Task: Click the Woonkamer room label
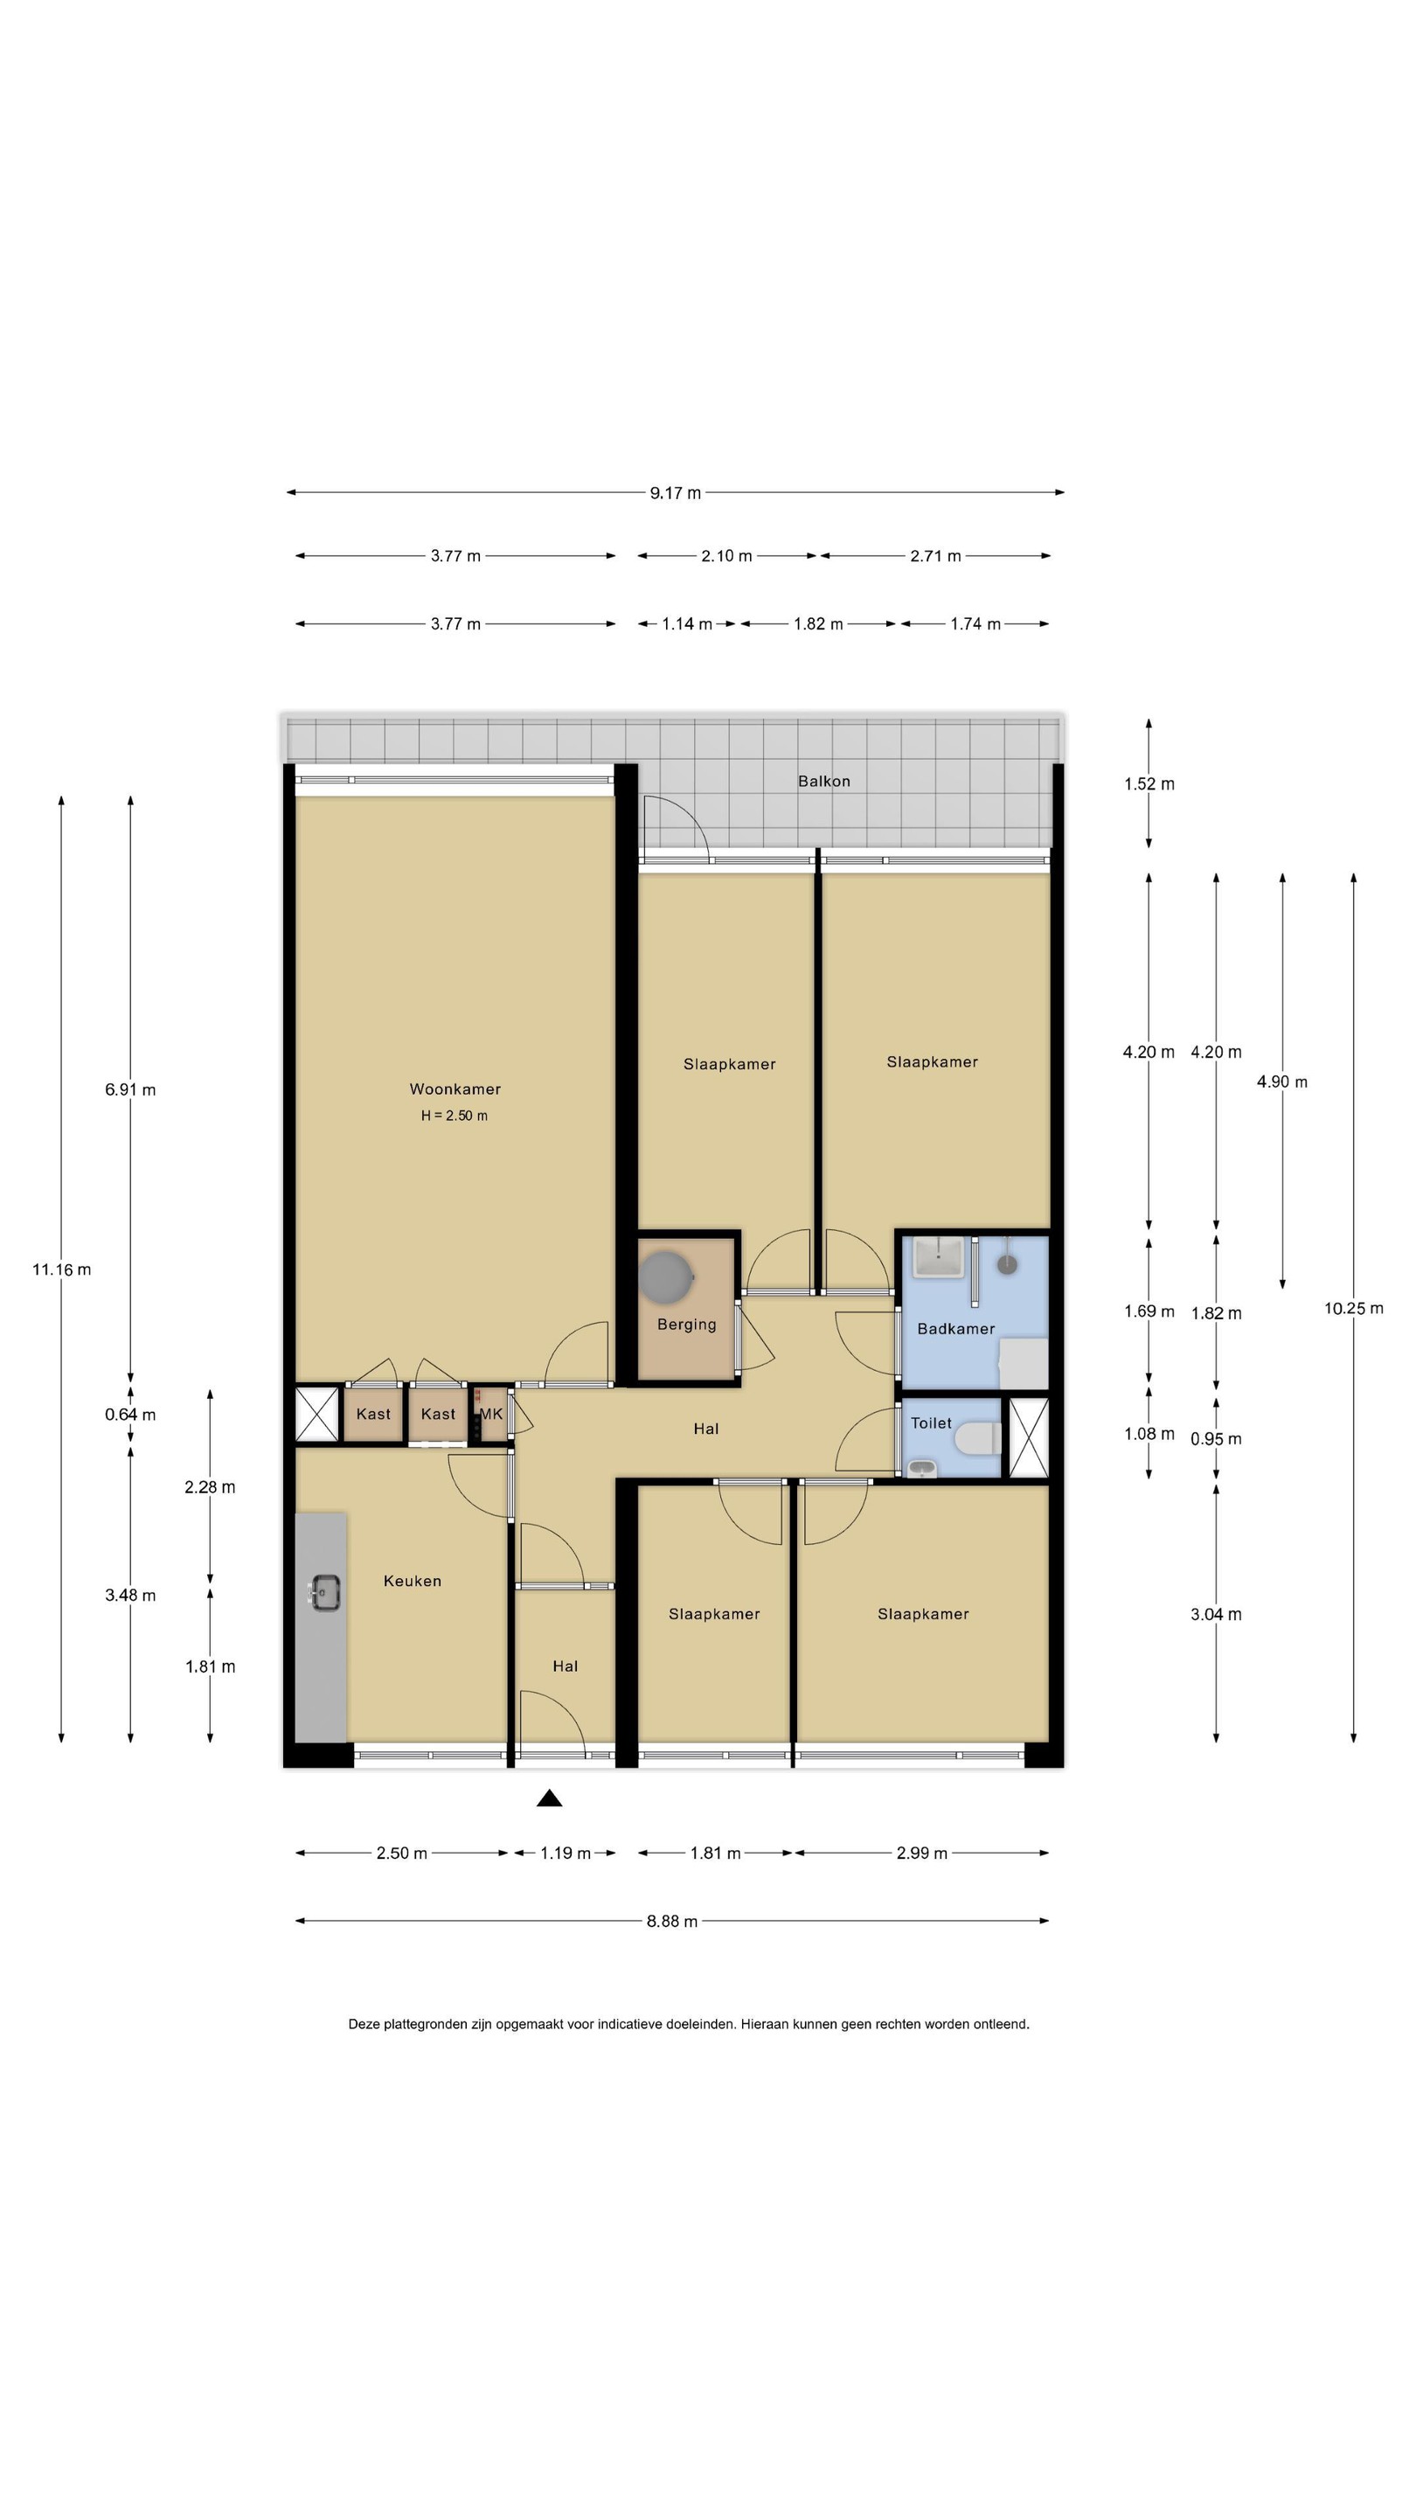455,1089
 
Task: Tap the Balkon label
823,781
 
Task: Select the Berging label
686,1325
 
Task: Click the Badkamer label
955,1328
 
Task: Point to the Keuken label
413,1581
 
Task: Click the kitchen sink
323,1592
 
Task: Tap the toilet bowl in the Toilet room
977,1438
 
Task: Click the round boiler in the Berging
666,1277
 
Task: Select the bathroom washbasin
938,1256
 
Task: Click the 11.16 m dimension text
61,1269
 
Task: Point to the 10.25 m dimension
1353,1309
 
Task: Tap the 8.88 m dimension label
672,1921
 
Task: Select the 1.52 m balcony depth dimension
1149,784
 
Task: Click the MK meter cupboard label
490,1414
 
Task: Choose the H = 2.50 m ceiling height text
455,1116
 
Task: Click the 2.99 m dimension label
921,1853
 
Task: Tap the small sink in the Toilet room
921,1467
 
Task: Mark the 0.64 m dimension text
130,1415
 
